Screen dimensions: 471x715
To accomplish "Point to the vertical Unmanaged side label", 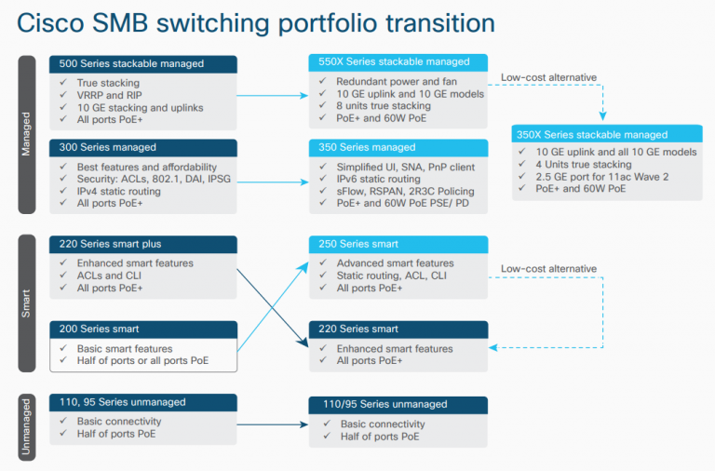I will click(x=27, y=427).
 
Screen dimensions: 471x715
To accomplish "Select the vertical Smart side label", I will click(x=27, y=303).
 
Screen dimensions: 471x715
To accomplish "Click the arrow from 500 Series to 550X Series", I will click(x=272, y=94).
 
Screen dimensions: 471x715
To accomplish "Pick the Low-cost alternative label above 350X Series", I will click(x=548, y=77).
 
